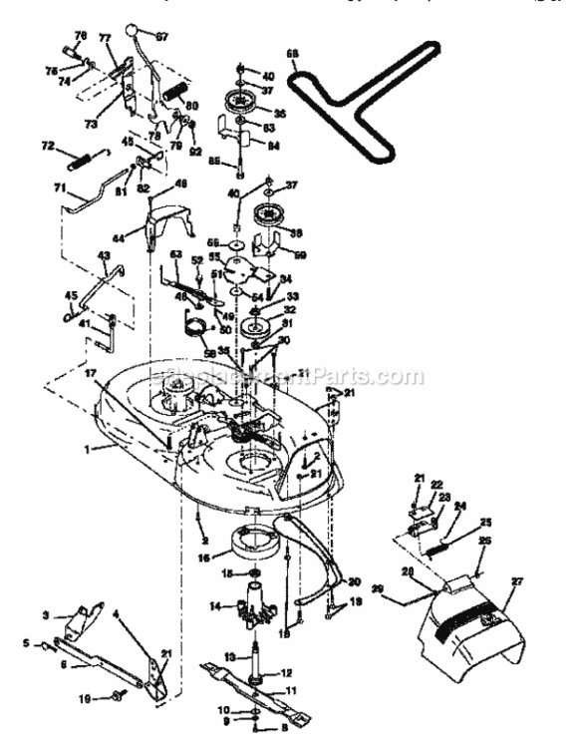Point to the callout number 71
coord(60,187)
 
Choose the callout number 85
coord(215,160)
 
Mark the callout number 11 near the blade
coord(291,690)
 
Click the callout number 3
coord(46,615)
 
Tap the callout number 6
coord(66,662)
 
